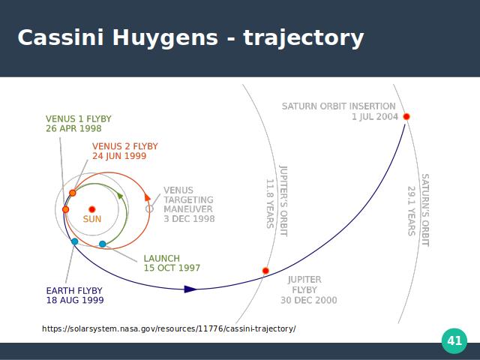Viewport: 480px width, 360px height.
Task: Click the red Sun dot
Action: click(91, 209)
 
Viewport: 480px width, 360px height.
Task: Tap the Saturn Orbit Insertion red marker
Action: click(406, 117)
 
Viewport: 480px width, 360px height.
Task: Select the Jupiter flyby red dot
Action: click(265, 271)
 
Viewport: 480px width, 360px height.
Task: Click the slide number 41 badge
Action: click(454, 340)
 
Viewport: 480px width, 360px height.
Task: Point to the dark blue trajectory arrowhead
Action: click(190, 289)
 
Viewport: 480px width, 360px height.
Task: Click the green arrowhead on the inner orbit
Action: click(120, 196)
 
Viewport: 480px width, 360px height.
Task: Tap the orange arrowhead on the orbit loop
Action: click(147, 197)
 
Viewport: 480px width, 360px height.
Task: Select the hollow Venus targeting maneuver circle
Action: click(149, 208)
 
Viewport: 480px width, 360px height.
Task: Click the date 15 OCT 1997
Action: click(172, 268)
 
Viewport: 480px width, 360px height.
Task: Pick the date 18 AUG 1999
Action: click(75, 300)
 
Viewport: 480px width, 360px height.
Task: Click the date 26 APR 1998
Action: click(73, 128)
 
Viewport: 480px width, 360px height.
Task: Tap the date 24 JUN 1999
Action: click(119, 156)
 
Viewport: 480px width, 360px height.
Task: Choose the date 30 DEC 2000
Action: click(308, 300)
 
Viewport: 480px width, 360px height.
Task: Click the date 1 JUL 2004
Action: click(375, 117)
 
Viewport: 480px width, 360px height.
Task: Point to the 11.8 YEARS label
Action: click(270, 204)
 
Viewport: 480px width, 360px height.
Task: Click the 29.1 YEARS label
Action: click(411, 211)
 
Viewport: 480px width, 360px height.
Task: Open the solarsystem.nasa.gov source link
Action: click(169, 328)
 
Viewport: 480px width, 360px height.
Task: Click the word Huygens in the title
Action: click(165, 38)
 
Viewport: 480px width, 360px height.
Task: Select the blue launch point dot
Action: click(103, 244)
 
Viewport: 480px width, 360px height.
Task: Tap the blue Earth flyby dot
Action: click(75, 241)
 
